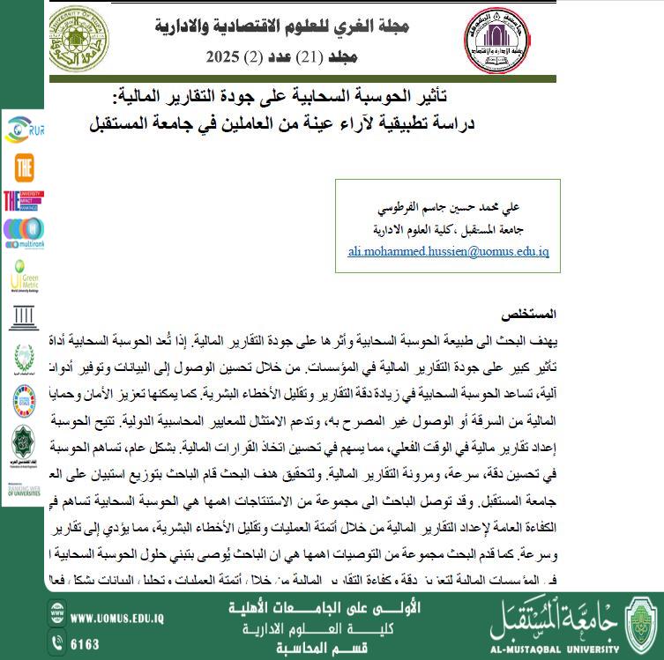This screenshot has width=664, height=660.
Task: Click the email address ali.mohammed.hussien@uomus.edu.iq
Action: coord(449,251)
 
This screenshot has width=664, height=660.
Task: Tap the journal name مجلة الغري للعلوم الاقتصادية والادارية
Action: coord(282,25)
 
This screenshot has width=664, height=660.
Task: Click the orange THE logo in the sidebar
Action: coord(24,167)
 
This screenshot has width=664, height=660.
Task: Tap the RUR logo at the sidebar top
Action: coord(24,130)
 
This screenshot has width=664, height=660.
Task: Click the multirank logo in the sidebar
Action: coord(24,233)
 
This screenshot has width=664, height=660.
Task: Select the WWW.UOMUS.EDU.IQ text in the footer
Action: coord(118,619)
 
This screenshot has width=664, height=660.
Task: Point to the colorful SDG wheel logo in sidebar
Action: coord(24,401)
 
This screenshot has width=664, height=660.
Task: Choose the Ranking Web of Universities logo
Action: coord(24,486)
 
